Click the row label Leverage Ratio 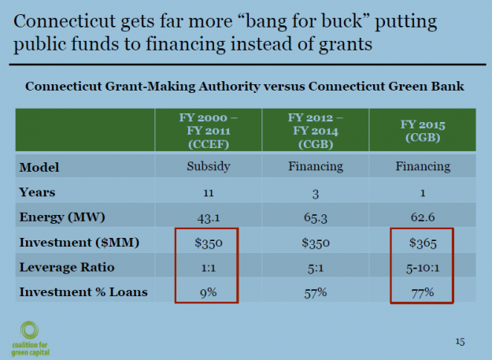(65, 268)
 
